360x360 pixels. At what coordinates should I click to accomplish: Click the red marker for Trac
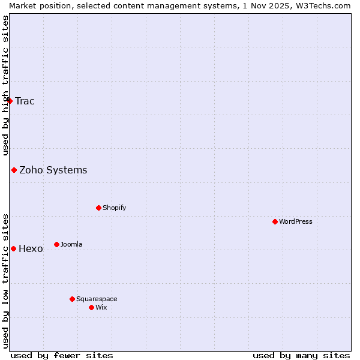(10, 101)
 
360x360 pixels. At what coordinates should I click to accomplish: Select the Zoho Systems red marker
(14, 170)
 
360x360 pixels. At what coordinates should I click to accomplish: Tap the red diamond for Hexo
(13, 248)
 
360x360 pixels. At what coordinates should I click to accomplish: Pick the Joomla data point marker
(56, 244)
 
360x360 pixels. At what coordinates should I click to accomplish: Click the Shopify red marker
(98, 208)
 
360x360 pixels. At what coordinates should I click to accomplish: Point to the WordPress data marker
(275, 221)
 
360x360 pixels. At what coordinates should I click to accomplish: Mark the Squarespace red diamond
(72, 299)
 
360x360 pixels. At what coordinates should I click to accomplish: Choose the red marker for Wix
(91, 307)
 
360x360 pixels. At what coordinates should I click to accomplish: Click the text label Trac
(25, 101)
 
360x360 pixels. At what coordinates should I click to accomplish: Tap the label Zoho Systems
(53, 170)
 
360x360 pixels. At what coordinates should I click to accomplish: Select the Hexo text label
(31, 248)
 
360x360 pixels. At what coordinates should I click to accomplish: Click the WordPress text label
(296, 221)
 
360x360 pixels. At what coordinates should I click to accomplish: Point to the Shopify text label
(115, 208)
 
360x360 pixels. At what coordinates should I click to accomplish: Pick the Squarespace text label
(97, 299)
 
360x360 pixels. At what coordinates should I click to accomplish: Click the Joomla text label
(71, 244)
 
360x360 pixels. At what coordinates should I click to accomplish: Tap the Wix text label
(101, 307)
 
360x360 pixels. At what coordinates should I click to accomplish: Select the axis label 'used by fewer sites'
(62, 355)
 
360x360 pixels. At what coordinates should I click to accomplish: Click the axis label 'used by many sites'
(301, 355)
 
